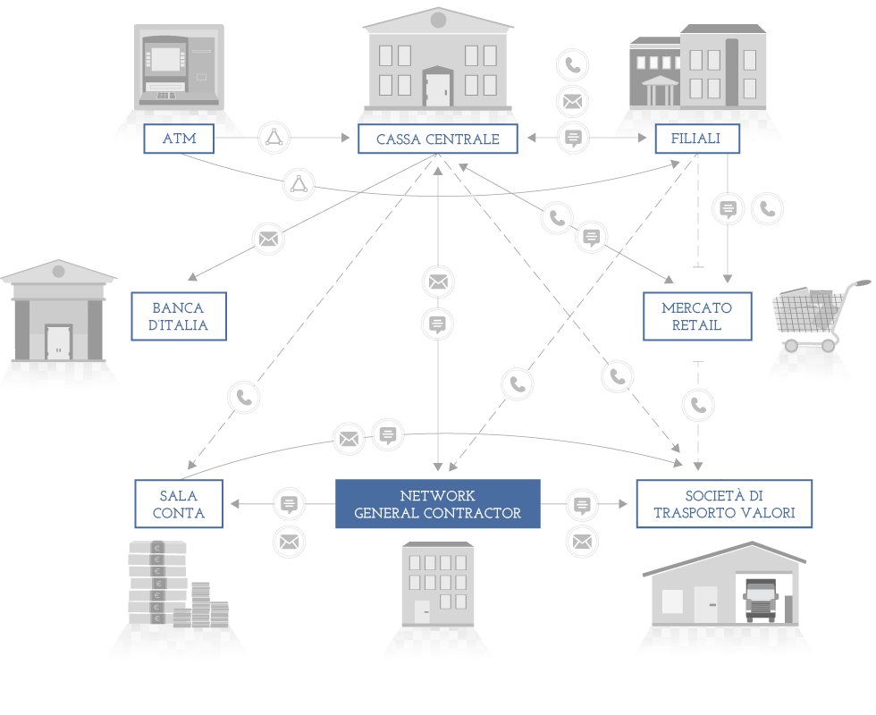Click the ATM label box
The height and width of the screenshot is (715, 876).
179,139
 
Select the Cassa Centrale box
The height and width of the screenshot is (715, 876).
437,139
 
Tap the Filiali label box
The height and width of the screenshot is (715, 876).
697,139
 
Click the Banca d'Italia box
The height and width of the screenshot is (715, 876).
179,316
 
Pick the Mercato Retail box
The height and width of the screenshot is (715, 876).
697,316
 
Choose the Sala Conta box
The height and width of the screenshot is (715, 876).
179,504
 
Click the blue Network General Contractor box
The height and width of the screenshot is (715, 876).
437,504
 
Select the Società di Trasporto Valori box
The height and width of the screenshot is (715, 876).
724,504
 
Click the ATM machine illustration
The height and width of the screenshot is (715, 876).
179,67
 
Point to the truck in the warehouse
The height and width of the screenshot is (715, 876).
761,601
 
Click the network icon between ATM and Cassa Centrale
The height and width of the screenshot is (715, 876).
274,138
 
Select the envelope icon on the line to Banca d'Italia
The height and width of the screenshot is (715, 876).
268,240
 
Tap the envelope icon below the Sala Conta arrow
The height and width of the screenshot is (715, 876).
289,542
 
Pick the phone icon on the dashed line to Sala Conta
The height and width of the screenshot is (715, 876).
244,397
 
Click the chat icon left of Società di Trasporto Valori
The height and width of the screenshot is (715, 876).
582,505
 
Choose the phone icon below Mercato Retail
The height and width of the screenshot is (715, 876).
698,405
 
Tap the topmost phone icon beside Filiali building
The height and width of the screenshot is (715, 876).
573,64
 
